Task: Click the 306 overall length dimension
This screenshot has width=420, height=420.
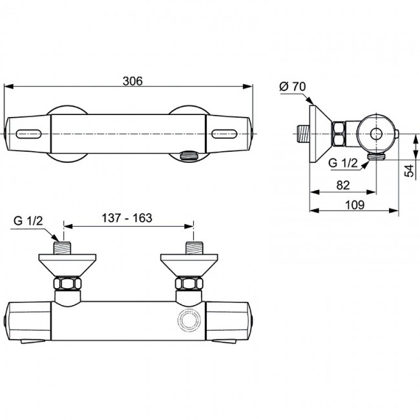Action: (132, 81)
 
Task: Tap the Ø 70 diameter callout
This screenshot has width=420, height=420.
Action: (292, 87)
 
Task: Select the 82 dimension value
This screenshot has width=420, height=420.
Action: (343, 185)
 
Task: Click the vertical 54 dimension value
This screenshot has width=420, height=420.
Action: (410, 171)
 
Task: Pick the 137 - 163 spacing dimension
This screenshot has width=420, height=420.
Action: (127, 218)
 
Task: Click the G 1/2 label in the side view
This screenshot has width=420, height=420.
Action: (343, 163)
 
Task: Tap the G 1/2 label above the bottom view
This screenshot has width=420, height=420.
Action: (28, 221)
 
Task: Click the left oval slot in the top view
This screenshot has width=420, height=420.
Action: (28, 134)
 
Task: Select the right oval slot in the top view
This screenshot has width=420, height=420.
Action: (224, 134)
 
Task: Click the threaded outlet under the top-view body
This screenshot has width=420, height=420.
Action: (189, 156)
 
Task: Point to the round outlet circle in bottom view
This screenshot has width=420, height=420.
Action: (189, 321)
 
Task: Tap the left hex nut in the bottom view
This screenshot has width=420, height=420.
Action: (67, 284)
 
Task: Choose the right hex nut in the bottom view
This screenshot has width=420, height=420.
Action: (189, 284)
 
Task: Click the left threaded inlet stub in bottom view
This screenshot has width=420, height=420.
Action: (62, 248)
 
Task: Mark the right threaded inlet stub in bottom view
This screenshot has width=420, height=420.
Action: (194, 248)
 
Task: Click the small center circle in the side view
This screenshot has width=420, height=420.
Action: (376, 134)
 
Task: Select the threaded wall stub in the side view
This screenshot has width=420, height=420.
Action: (304, 134)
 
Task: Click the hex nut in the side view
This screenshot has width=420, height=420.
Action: (339, 134)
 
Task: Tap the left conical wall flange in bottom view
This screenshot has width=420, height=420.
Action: (67, 266)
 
